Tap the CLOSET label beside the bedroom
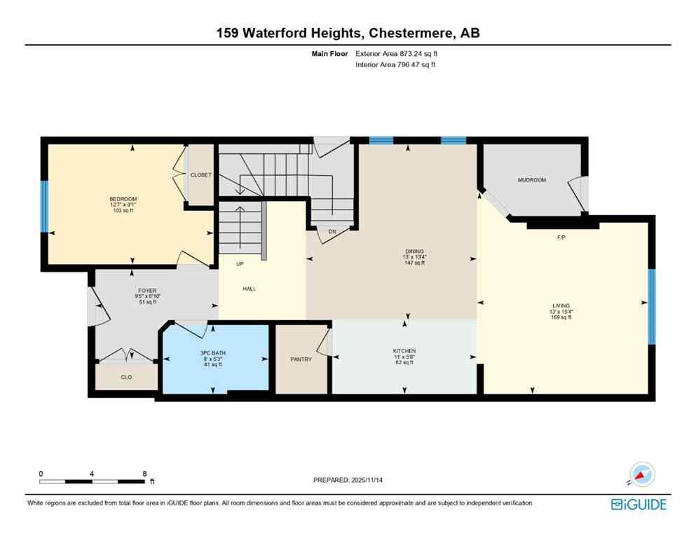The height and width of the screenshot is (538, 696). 201,175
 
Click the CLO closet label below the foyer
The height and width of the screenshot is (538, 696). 126,377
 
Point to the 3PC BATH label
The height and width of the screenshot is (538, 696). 213,352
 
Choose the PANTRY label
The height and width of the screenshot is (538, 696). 301,359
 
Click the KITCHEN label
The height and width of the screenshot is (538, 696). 404,350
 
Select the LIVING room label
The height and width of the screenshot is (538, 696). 561,305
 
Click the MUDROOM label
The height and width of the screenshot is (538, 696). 531,180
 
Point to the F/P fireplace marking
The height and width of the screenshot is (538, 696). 561,237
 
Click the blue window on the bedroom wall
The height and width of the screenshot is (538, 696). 44,207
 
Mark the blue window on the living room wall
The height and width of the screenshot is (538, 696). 651,307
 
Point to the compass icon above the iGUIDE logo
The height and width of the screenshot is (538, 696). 641,474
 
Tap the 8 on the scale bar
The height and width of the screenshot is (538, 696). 144,474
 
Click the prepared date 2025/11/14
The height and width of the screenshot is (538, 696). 348,480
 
